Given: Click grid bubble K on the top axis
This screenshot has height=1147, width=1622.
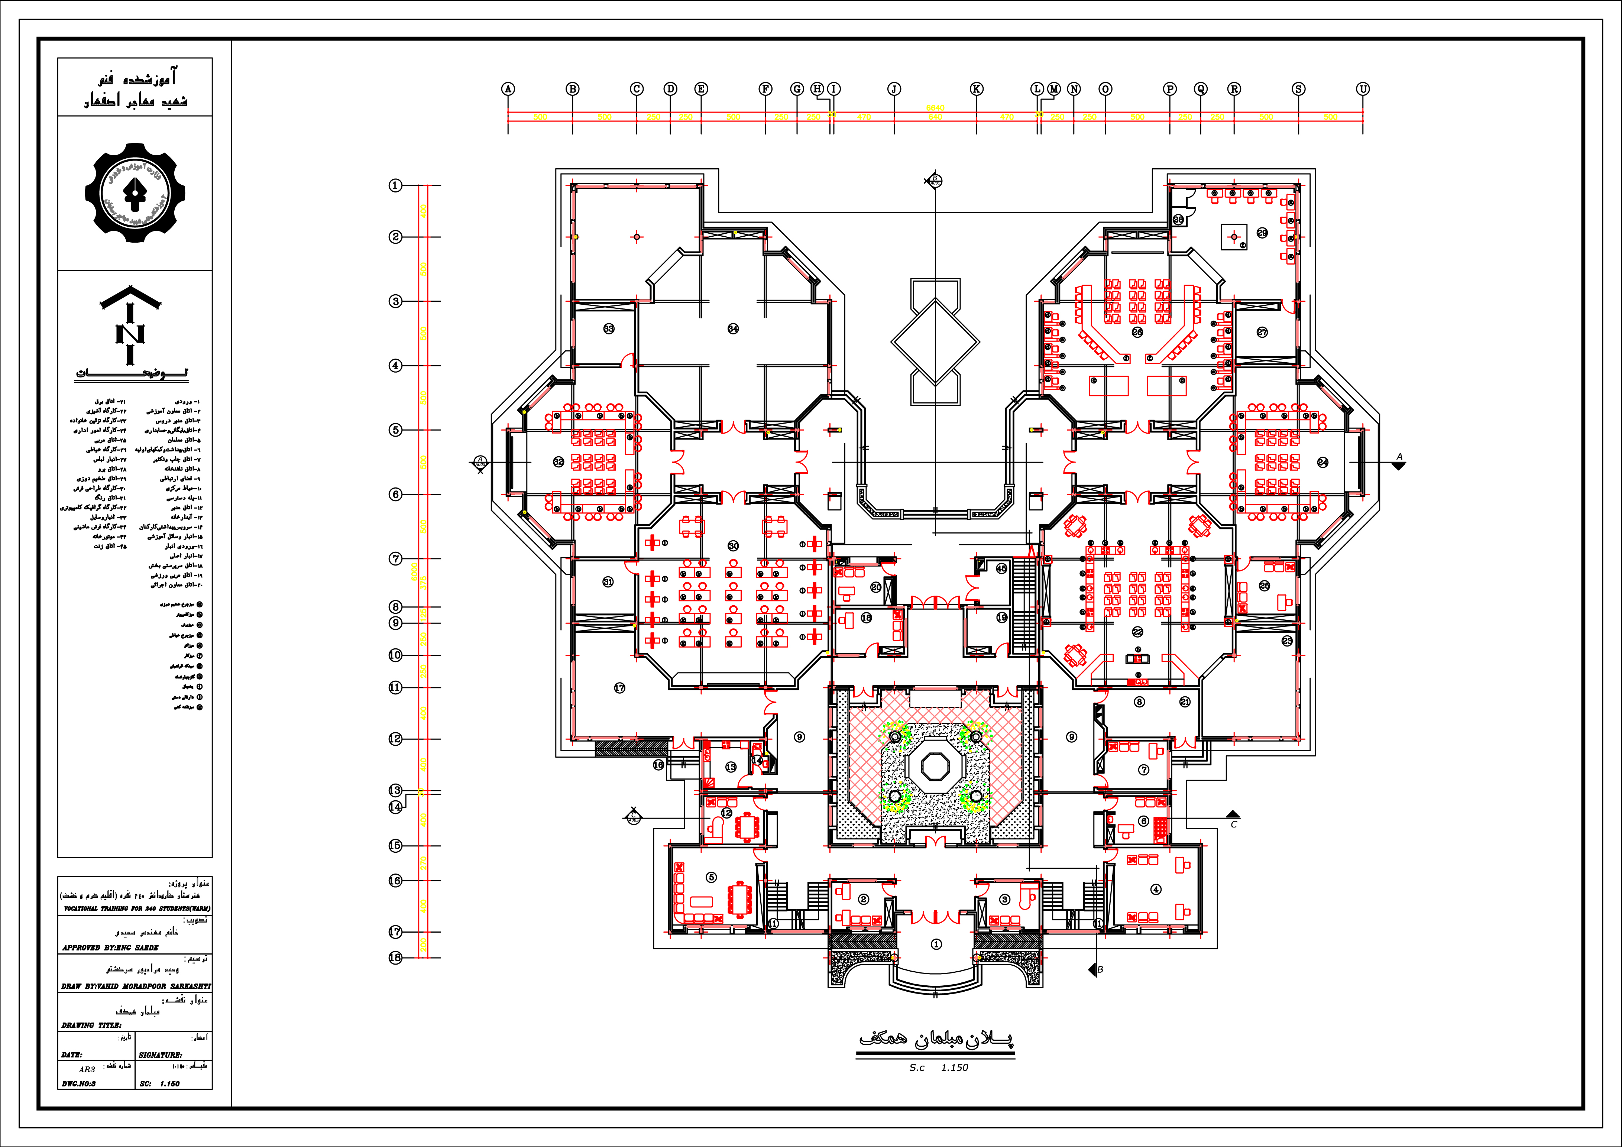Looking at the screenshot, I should pyautogui.click(x=976, y=89).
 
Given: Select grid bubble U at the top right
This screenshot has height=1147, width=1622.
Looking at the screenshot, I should pyautogui.click(x=1363, y=89).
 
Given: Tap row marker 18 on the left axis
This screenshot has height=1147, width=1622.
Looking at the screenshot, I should pyautogui.click(x=395, y=958).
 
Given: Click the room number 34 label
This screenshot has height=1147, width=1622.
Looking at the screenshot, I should pyautogui.click(x=733, y=328).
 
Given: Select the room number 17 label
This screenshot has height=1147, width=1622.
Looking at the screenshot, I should pyautogui.click(x=619, y=688).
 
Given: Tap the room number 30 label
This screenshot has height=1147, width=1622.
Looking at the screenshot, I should pyautogui.click(x=733, y=546).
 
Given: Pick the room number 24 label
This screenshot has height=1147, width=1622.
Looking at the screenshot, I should pyautogui.click(x=1322, y=463).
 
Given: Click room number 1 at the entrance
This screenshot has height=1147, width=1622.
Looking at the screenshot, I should pyautogui.click(x=936, y=944).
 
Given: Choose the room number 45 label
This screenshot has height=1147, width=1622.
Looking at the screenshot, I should pyautogui.click(x=1001, y=568).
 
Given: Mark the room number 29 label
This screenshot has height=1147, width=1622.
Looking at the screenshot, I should pyautogui.click(x=1262, y=233).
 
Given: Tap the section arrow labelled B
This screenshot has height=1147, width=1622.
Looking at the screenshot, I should pyautogui.click(x=1093, y=970).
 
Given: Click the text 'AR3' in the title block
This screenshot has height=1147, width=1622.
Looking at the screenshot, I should pyautogui.click(x=87, y=1069).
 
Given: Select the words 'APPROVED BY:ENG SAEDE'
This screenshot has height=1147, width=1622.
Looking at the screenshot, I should pyautogui.click(x=110, y=947).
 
